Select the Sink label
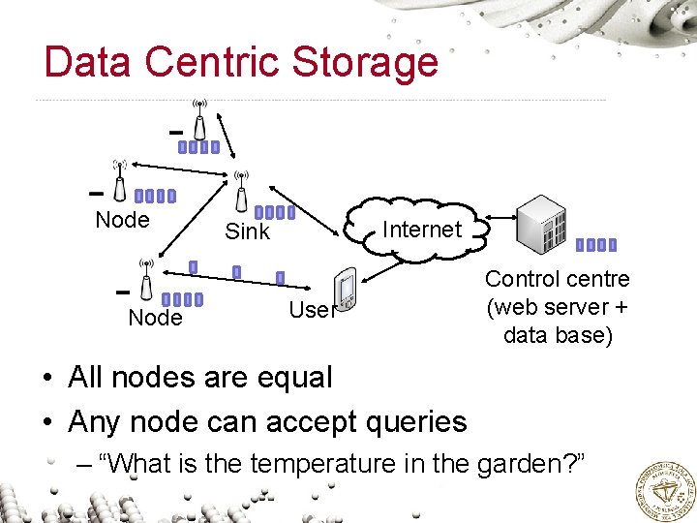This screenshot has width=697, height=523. (247, 232)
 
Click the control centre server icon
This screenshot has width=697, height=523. (543, 225)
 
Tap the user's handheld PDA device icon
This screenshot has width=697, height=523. (346, 291)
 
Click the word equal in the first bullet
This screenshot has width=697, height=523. (290, 377)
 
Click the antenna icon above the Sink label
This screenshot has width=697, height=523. (241, 190)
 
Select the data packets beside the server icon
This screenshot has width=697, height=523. (595, 245)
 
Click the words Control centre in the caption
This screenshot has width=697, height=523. (557, 279)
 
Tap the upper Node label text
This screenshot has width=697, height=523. (123, 220)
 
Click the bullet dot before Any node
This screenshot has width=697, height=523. (48, 422)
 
